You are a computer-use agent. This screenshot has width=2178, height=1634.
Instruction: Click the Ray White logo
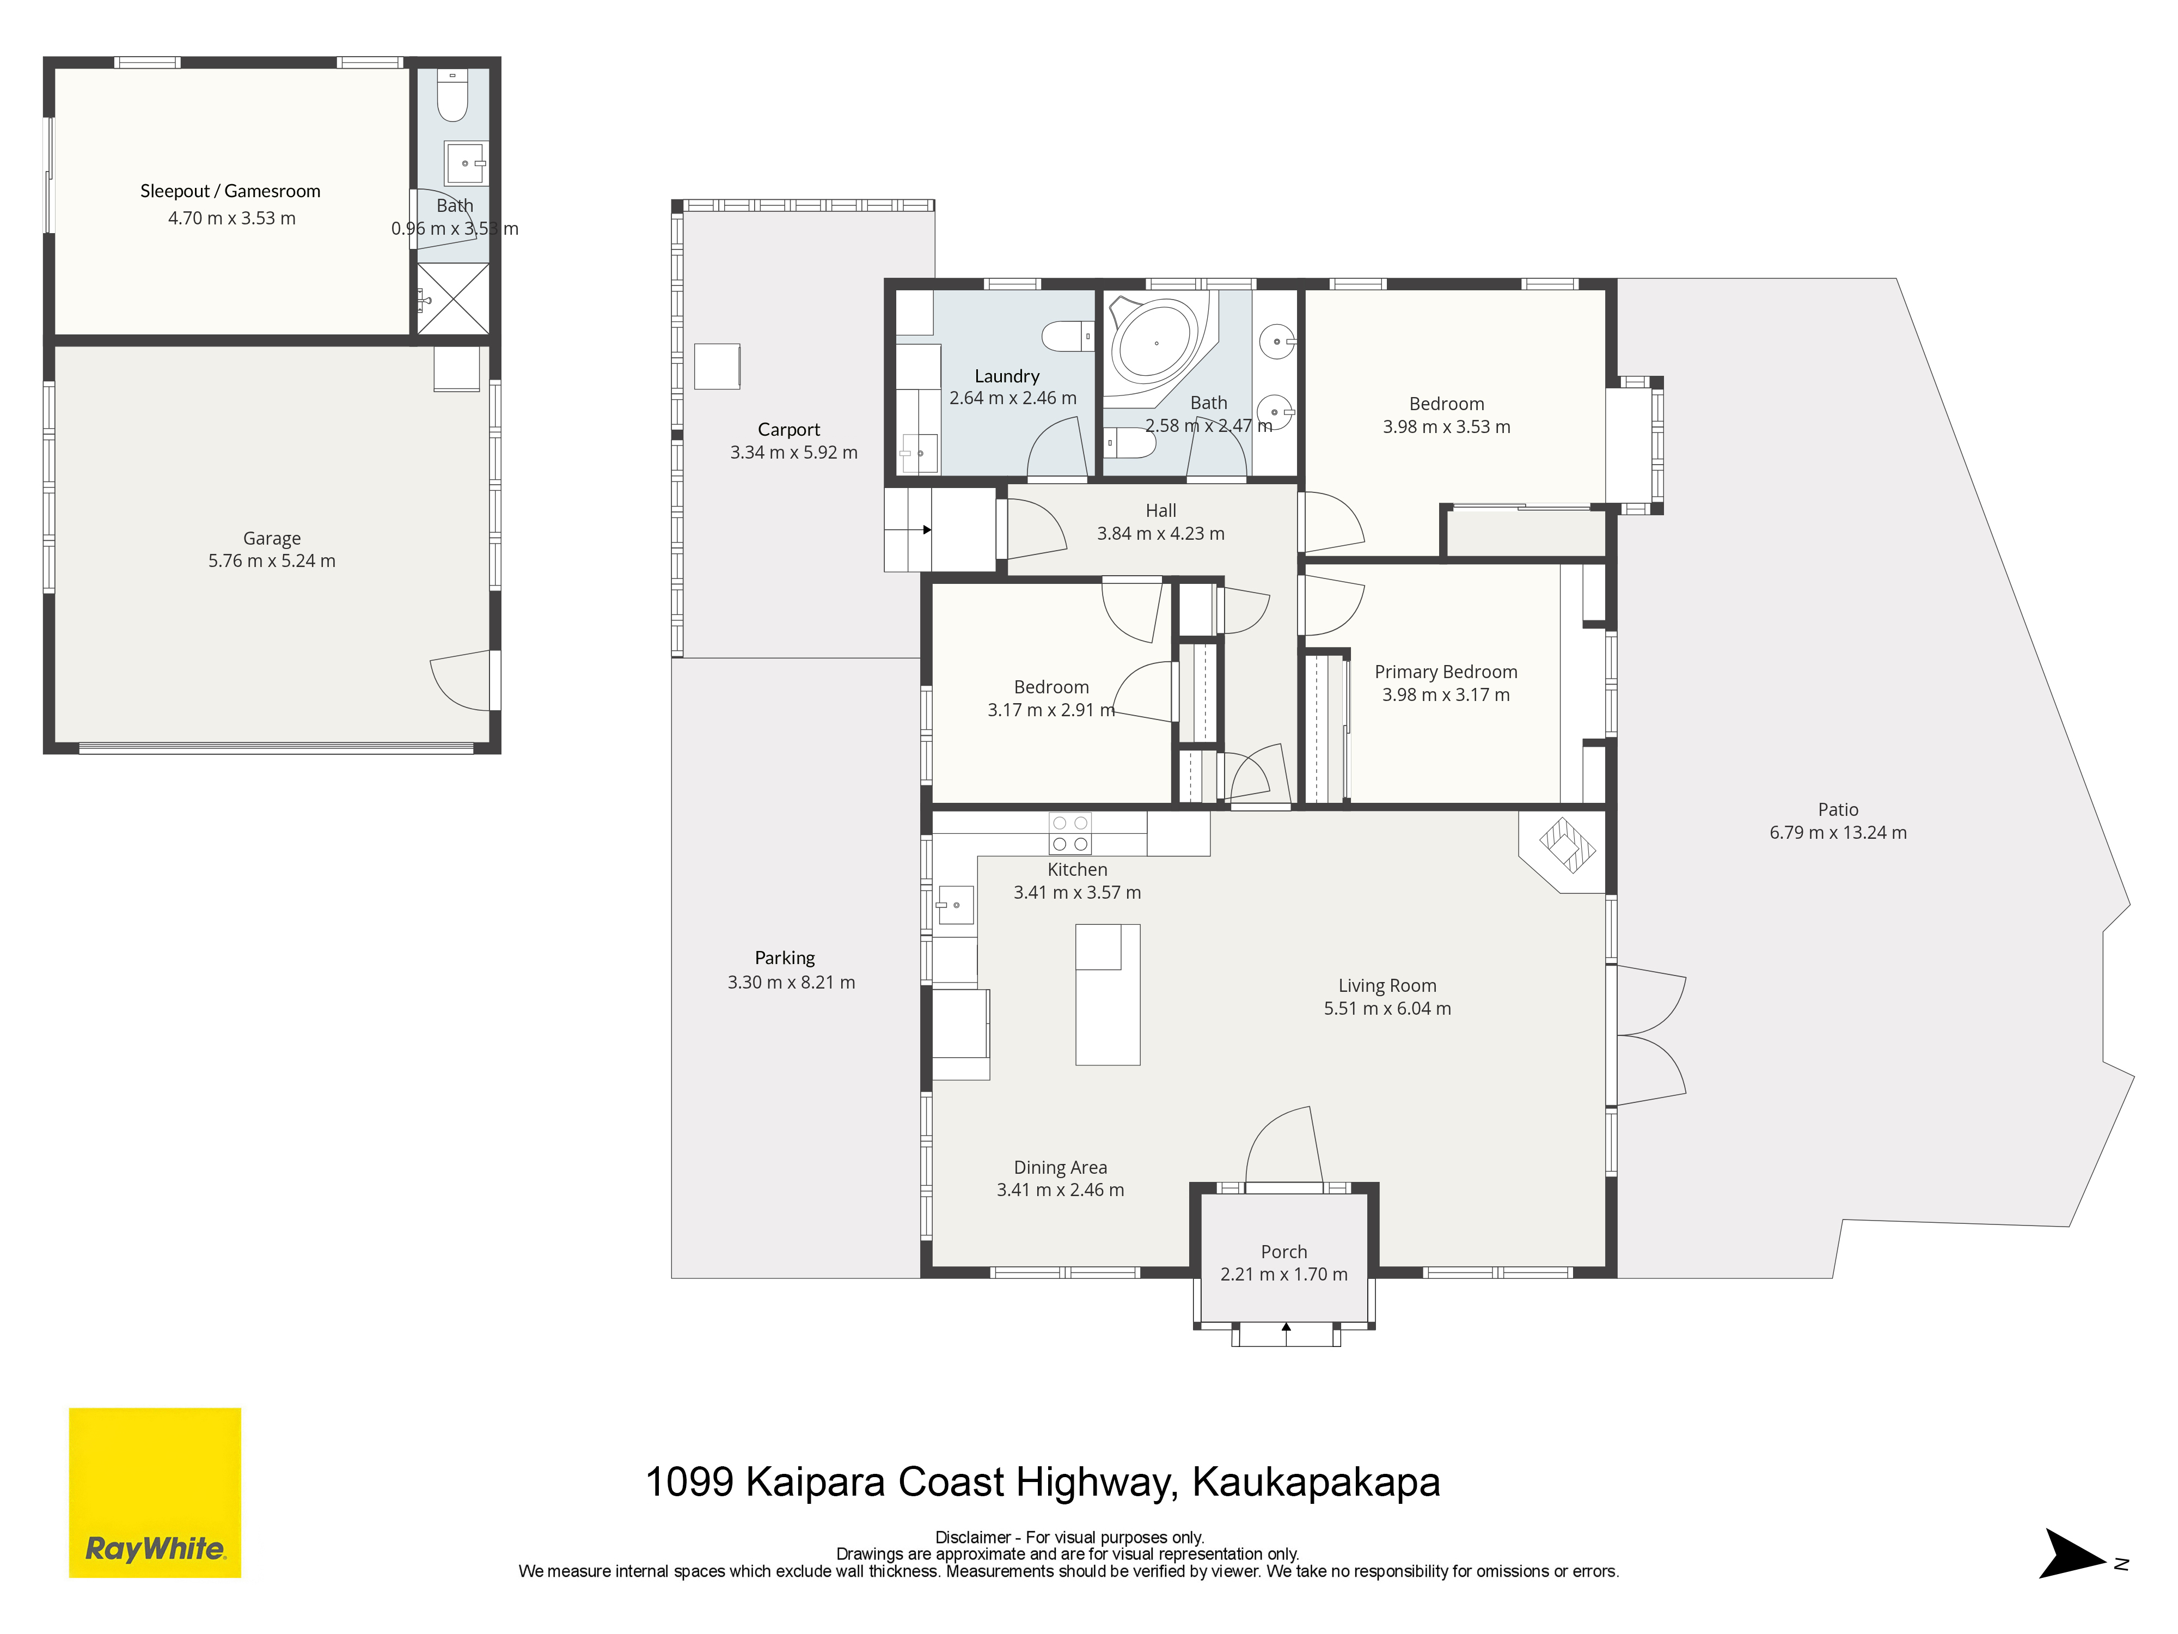[x=155, y=1492]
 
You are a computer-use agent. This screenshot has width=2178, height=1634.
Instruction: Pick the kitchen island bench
[x=1108, y=994]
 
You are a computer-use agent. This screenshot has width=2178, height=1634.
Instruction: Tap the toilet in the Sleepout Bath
[x=452, y=95]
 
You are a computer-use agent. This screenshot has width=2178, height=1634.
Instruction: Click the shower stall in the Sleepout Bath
[x=453, y=297]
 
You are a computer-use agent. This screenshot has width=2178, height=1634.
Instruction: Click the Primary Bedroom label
[x=1446, y=672]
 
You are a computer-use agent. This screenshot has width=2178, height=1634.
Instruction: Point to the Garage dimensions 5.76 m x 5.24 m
[x=272, y=560]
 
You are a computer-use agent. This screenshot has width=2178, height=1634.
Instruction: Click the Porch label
[x=1284, y=1252]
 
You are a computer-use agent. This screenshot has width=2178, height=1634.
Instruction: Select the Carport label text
[x=788, y=429]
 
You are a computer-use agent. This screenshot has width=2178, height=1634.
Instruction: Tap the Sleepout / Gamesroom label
[x=230, y=191]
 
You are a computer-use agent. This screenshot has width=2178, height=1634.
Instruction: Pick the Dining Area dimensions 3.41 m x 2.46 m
[x=1061, y=1190]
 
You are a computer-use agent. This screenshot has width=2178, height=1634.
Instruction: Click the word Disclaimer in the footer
[x=973, y=1538]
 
